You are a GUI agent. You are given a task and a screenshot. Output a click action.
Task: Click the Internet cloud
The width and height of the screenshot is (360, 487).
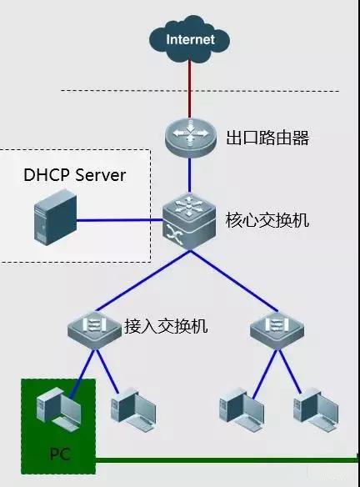(x=190, y=39)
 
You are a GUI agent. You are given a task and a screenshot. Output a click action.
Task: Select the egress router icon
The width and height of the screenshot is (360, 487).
(x=190, y=137)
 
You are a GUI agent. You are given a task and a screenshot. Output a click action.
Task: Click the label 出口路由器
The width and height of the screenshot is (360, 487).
(x=267, y=138)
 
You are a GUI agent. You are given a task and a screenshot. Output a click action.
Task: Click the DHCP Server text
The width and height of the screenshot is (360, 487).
(x=74, y=176)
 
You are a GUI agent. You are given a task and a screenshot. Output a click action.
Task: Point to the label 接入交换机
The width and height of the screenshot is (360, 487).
(x=165, y=325)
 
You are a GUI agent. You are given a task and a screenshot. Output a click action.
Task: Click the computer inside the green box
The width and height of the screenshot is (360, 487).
(x=54, y=412)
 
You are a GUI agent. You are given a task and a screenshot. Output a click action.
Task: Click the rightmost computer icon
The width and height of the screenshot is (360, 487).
(x=316, y=406)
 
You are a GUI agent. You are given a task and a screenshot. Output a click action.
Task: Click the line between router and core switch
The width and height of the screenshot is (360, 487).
(x=190, y=175)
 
